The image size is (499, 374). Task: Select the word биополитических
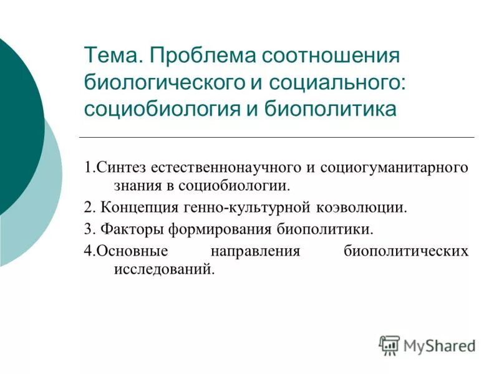(405, 251)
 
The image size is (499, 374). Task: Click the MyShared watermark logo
(427, 344)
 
